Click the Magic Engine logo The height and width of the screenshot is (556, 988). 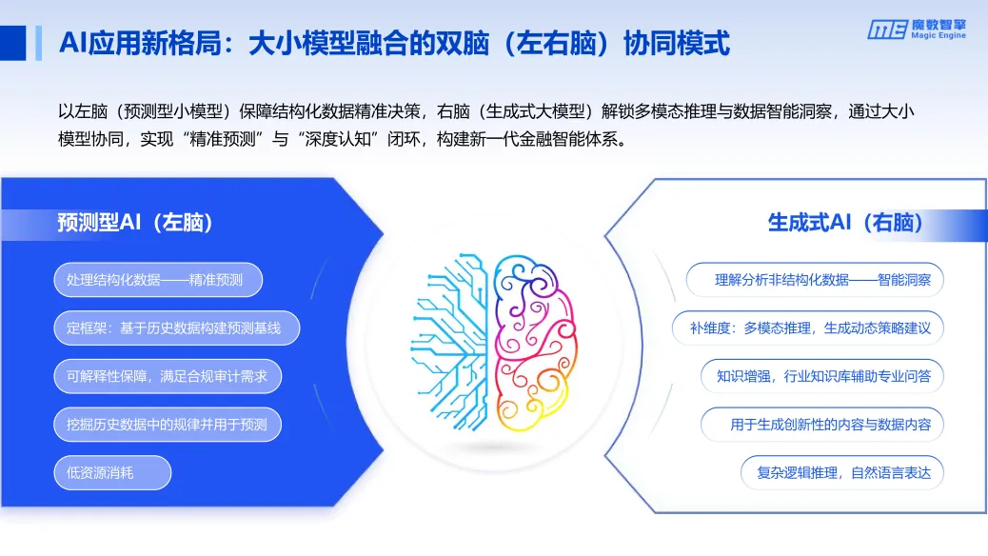(917, 29)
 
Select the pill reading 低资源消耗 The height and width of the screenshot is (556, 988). (112, 473)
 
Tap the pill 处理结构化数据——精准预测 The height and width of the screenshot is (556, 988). (158, 280)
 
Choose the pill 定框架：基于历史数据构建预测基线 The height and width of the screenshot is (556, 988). (176, 328)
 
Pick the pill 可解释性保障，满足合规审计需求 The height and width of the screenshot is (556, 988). (168, 376)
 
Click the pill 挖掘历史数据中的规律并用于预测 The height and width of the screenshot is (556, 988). (168, 425)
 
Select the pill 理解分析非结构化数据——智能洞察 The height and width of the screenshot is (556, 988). (815, 280)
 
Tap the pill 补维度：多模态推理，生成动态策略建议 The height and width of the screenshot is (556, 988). (808, 328)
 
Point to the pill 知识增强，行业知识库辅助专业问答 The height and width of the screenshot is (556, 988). (822, 376)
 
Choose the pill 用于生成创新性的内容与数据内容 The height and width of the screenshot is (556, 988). (822, 425)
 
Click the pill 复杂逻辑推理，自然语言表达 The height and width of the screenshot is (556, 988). (841, 473)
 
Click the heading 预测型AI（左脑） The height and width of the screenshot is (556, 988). (135, 223)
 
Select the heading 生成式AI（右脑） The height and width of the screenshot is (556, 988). (845, 223)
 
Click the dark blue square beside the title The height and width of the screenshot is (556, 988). (12, 43)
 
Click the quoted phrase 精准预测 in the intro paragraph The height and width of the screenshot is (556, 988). (223, 139)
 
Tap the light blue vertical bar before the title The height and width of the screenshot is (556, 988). (38, 43)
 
